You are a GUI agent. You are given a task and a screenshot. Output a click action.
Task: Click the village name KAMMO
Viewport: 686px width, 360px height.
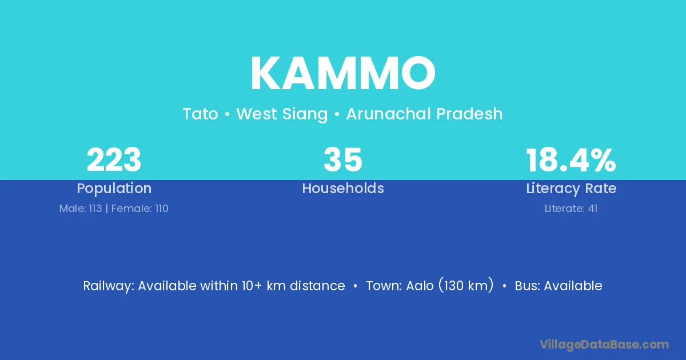(343, 73)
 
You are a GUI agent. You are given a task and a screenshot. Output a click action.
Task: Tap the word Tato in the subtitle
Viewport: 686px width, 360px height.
(200, 114)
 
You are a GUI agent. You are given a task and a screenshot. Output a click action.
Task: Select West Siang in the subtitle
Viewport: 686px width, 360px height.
(282, 114)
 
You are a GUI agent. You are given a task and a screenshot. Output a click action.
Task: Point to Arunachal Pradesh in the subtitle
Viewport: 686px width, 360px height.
(424, 114)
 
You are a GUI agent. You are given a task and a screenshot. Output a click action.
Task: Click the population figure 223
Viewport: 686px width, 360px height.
(114, 160)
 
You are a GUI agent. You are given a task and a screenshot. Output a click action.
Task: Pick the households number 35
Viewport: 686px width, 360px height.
(343, 160)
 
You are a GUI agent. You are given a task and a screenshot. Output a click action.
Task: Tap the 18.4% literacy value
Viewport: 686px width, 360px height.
(571, 160)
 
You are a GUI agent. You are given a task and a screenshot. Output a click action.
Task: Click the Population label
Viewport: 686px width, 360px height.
(114, 188)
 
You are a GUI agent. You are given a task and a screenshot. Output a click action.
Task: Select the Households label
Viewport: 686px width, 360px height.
(343, 188)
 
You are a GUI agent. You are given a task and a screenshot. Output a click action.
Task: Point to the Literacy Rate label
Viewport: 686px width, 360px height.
(571, 188)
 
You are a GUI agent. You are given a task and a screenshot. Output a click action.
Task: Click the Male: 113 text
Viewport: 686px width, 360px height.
(81, 209)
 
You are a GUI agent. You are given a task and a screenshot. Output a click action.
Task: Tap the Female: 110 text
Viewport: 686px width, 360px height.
(139, 209)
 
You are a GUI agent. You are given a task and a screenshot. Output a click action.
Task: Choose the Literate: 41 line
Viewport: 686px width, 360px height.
(571, 209)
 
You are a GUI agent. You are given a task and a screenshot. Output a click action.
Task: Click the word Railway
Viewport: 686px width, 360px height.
(108, 286)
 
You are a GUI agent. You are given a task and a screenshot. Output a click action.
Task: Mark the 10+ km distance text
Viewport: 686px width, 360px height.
(293, 286)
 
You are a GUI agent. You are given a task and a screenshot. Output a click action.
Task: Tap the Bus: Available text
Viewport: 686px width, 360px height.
(559, 286)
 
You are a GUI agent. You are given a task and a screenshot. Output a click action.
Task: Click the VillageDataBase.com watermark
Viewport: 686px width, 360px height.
(604, 345)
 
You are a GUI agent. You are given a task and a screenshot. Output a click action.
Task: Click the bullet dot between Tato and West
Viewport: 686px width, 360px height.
(228, 114)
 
